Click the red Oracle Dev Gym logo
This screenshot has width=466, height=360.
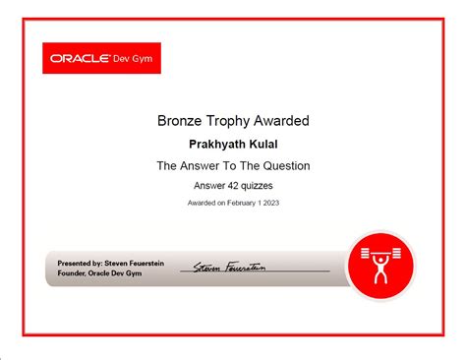tap(102, 58)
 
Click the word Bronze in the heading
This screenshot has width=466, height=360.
tap(179, 121)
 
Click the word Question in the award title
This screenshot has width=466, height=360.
tap(283, 165)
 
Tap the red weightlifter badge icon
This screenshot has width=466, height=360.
tap(380, 266)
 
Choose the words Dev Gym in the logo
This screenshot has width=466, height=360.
tap(133, 58)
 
